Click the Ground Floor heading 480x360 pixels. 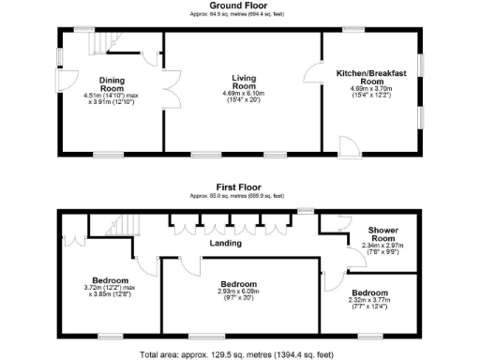(x=239, y=7)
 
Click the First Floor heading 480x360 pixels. (x=239, y=187)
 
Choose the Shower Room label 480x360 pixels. (x=383, y=234)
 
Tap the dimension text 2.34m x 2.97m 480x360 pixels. (x=383, y=247)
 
